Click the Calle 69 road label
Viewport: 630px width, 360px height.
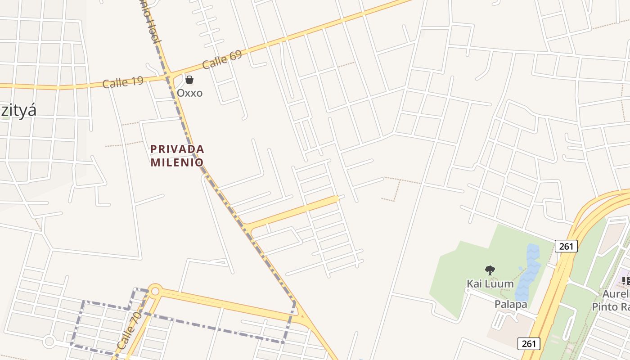click(222, 59)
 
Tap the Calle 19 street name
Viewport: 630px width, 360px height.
click(123, 82)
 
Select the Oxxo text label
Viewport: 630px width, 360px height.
click(189, 93)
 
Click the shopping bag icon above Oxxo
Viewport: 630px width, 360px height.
click(189, 80)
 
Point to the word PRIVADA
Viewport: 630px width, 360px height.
click(177, 148)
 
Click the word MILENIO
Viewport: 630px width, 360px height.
click(177, 162)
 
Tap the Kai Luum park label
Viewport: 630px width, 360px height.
click(490, 283)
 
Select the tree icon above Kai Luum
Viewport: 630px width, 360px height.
click(490, 270)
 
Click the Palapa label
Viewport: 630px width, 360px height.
click(511, 304)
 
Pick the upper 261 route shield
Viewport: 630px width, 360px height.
click(566, 246)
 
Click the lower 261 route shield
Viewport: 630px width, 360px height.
click(529, 344)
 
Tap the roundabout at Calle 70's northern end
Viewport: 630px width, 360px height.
click(155, 291)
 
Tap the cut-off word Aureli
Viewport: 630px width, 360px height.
click(616, 294)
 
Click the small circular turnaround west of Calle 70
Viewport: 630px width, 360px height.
click(49, 342)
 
